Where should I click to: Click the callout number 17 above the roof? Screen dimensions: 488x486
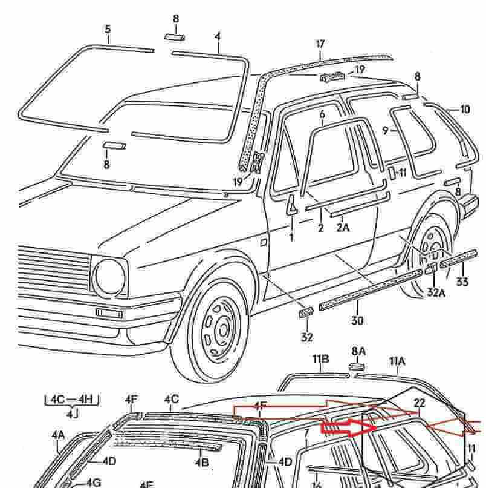320,44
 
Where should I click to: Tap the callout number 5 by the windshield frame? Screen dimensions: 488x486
108,29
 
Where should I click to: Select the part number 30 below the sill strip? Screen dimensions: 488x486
357,320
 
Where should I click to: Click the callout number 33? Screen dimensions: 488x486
462,282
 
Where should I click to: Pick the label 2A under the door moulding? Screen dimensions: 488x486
343,228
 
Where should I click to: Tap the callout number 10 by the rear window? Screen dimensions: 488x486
464,110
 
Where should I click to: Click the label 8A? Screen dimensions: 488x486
359,351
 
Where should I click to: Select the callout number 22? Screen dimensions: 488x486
420,403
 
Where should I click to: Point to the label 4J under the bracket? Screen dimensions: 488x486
72,415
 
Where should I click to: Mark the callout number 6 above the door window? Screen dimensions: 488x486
322,114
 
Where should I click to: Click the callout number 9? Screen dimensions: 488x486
384,130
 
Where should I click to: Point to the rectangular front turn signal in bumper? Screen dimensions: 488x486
109,313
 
